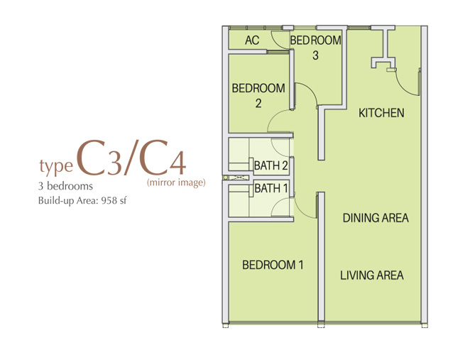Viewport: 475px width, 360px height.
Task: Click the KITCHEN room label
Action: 381,113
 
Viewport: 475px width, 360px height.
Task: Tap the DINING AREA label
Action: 376,218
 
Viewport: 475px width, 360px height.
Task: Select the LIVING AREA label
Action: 372,276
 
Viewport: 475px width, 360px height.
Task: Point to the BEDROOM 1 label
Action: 273,265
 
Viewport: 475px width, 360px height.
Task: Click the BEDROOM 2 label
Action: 258,95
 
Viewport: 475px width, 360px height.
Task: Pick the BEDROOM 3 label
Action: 316,48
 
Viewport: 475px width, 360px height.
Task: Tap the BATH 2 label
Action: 271,165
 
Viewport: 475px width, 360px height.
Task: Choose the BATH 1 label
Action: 271,188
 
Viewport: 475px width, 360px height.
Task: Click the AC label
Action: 252,40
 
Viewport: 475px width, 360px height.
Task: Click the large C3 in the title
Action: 99,158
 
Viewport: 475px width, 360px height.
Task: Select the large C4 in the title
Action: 163,158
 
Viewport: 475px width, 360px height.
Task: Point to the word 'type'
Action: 56,166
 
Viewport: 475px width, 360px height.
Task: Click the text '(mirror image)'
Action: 176,182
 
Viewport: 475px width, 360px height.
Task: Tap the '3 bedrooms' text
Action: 65,186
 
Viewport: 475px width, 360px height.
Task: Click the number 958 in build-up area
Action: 109,200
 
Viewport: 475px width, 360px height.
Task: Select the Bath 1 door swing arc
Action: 277,203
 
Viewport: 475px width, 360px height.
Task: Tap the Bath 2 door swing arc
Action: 277,151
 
